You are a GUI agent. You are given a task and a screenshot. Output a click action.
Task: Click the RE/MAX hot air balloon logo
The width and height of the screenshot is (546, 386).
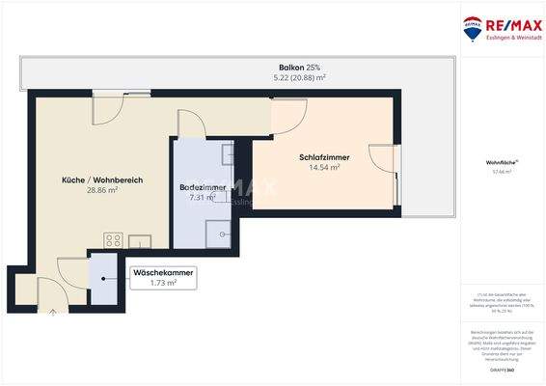[474, 28]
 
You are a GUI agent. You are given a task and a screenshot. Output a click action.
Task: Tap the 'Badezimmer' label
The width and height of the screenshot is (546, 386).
[204, 187]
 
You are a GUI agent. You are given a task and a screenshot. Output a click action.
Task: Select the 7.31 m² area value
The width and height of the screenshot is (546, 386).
[204, 197]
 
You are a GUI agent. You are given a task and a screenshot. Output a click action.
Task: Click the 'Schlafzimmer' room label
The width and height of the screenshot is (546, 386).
[324, 157]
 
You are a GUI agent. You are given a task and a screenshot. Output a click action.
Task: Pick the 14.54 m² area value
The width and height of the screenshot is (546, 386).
[324, 167]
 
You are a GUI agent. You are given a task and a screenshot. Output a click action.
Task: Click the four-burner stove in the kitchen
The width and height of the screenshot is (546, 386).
[113, 240]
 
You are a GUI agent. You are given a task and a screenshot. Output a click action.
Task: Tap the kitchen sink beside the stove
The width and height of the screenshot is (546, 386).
[139, 240]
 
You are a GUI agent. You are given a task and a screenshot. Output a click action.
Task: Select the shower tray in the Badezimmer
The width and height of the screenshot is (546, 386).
[218, 234]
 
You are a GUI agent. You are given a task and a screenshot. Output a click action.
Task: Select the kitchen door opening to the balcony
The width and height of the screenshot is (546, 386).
[107, 111]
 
